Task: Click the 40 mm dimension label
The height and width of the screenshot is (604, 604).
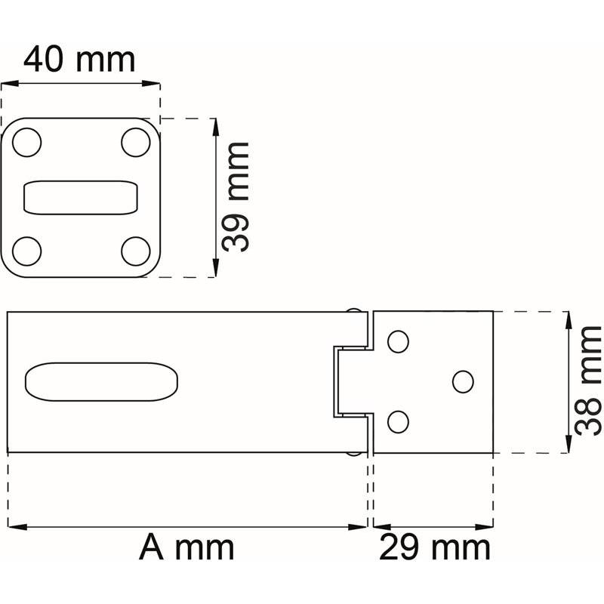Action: tap(79, 59)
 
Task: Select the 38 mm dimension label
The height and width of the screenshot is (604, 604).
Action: tap(587, 381)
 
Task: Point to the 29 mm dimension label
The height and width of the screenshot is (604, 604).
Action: tap(435, 547)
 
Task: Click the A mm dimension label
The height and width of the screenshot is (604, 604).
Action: tap(186, 547)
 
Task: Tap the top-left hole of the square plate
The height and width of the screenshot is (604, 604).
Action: tap(27, 142)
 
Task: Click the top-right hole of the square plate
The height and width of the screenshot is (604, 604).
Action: tap(136, 142)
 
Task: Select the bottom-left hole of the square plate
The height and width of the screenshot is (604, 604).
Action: tap(27, 251)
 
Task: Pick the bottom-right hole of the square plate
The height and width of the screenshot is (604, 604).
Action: tap(136, 251)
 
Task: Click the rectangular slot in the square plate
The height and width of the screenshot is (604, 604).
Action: tap(82, 198)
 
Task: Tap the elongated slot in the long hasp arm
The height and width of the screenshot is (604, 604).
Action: tap(102, 381)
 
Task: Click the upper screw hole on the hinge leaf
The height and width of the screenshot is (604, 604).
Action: tap(398, 342)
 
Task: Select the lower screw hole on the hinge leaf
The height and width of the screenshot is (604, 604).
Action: tap(398, 421)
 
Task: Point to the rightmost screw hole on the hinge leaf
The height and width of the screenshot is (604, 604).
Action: tap(463, 381)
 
